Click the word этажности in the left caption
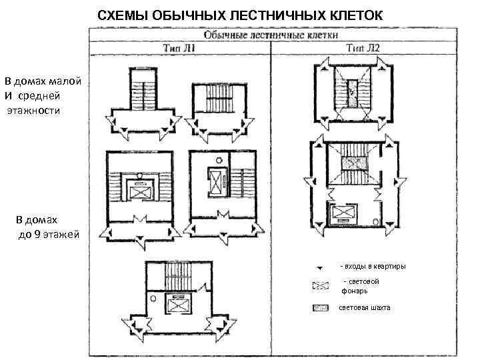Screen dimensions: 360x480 click(x=33, y=109)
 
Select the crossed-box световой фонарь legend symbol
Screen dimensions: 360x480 click(x=321, y=286)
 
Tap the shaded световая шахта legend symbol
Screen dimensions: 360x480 click(x=321, y=308)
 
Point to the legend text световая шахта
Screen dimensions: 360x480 click(x=365, y=307)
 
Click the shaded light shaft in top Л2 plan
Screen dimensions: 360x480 click(x=352, y=85)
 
